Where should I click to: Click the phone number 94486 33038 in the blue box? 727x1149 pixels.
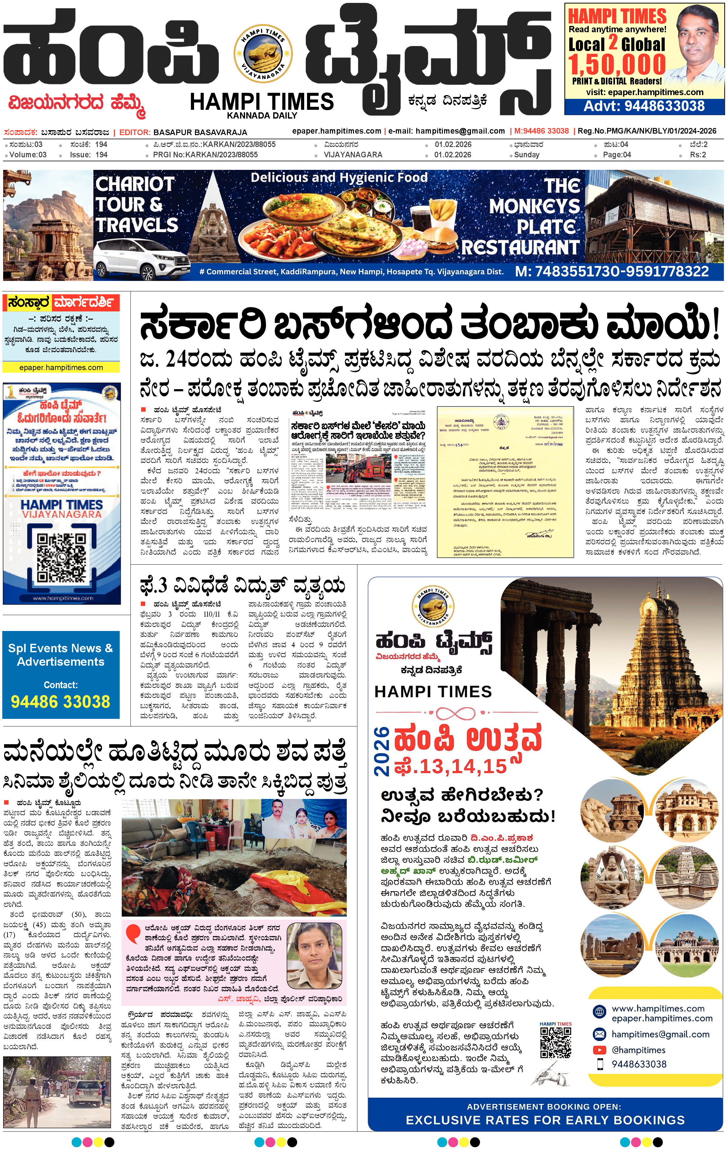[61, 701]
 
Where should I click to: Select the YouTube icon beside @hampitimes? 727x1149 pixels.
[599, 1050]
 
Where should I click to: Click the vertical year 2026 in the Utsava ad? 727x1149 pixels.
[382, 752]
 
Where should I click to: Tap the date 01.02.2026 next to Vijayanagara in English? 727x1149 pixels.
[453, 155]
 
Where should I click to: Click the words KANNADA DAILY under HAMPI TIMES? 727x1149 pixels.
[262, 115]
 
